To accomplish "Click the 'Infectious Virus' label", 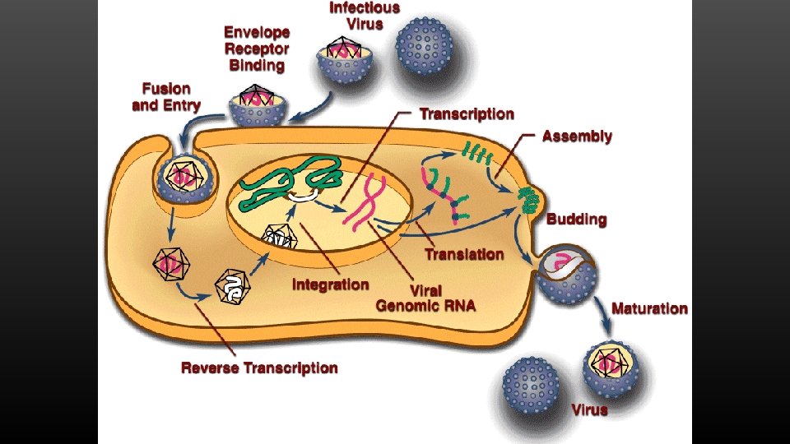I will coord(364,16).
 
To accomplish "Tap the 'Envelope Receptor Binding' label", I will coord(257,49).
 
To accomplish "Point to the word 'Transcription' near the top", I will coord(467,114).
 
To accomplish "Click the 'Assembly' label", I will coord(577,136).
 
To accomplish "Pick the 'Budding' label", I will coord(577,220).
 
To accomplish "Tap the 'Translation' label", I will coord(464,254).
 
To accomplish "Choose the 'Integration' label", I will coord(330,284).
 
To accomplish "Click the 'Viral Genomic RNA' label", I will coord(425,298).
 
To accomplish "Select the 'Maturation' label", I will coord(649,308).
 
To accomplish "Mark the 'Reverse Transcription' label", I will coord(259,368).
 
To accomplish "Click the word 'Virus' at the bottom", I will coord(590,409).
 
